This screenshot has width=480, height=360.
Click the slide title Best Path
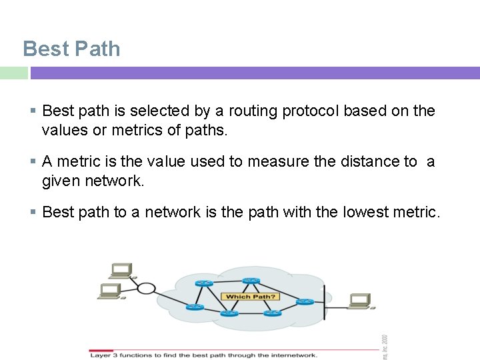click(x=71, y=49)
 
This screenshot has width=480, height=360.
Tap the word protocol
click(x=311, y=111)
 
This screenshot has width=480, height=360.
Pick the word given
click(x=61, y=181)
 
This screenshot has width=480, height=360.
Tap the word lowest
click(x=370, y=213)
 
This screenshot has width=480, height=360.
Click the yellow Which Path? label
click(x=251, y=297)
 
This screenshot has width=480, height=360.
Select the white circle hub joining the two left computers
click(x=145, y=288)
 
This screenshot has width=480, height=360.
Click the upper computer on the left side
click(x=121, y=270)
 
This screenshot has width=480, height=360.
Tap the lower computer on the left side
click(x=110, y=291)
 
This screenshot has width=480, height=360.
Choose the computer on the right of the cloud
click(x=360, y=302)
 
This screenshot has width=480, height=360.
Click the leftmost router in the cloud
click(x=195, y=307)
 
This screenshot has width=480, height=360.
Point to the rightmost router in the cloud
click(x=305, y=302)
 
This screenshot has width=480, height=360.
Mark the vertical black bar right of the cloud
click(x=324, y=301)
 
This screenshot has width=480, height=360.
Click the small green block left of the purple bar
click(x=13, y=73)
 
